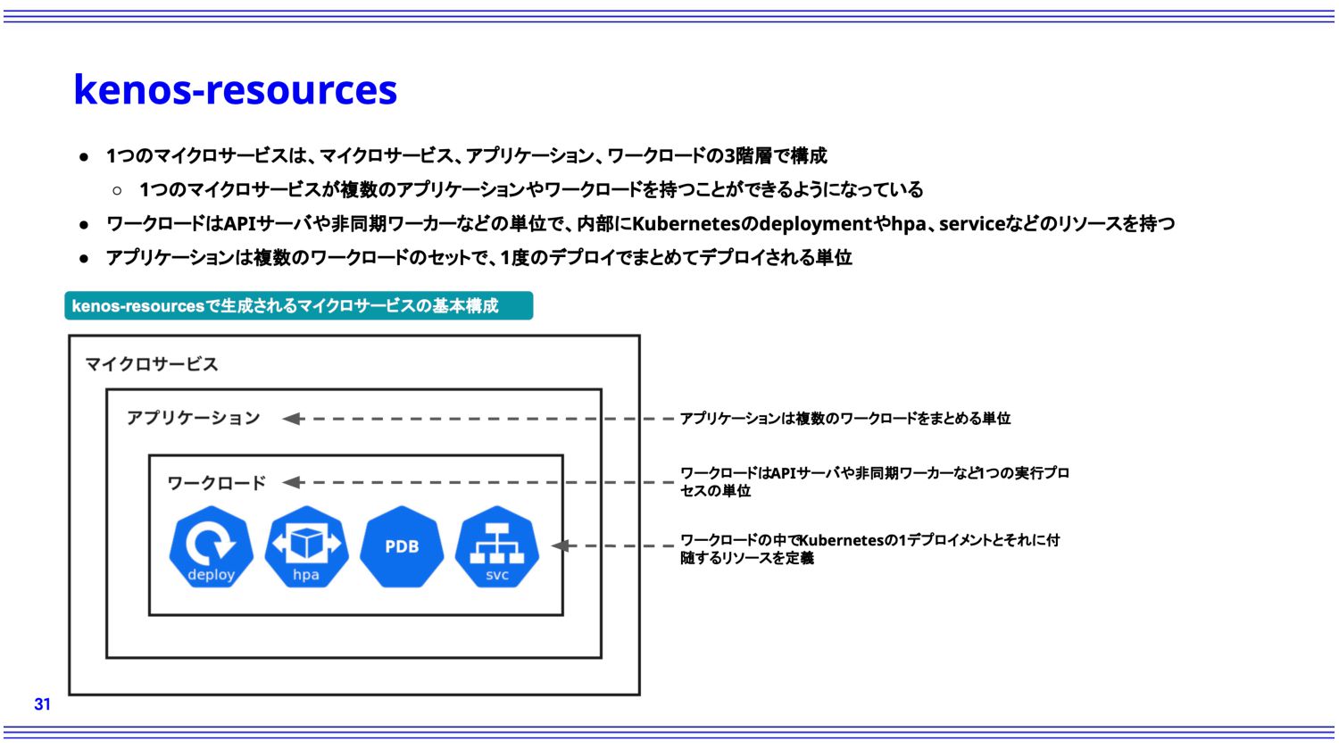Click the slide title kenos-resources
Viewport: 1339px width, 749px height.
pos(235,89)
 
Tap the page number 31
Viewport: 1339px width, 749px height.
pos(43,704)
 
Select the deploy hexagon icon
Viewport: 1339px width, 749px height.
pos(211,546)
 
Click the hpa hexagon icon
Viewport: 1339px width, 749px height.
pos(306,546)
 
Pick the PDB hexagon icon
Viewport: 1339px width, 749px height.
pos(402,546)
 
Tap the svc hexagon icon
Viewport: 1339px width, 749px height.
pos(496,546)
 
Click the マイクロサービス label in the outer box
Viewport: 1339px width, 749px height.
pos(152,364)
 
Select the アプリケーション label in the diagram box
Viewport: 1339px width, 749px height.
pos(193,418)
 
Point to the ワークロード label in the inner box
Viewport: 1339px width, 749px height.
pos(216,483)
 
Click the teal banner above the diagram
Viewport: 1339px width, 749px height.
pos(299,305)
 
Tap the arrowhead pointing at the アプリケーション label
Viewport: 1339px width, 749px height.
pos(292,419)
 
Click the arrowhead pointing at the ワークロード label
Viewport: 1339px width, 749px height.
pos(292,482)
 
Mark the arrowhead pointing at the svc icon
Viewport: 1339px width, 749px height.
pos(561,545)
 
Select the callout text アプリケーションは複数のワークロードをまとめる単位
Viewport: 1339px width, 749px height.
pos(845,419)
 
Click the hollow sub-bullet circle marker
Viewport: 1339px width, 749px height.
pos(117,191)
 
